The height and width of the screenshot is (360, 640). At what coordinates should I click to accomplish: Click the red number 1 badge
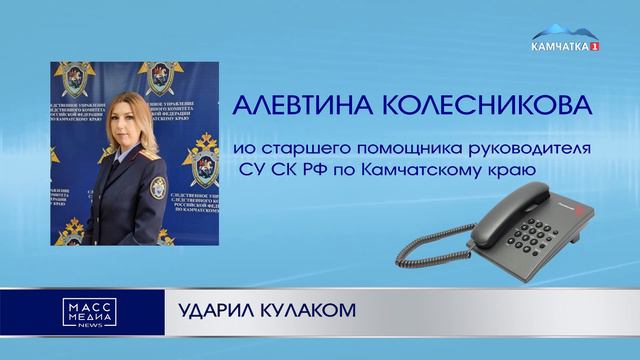tap(596, 47)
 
